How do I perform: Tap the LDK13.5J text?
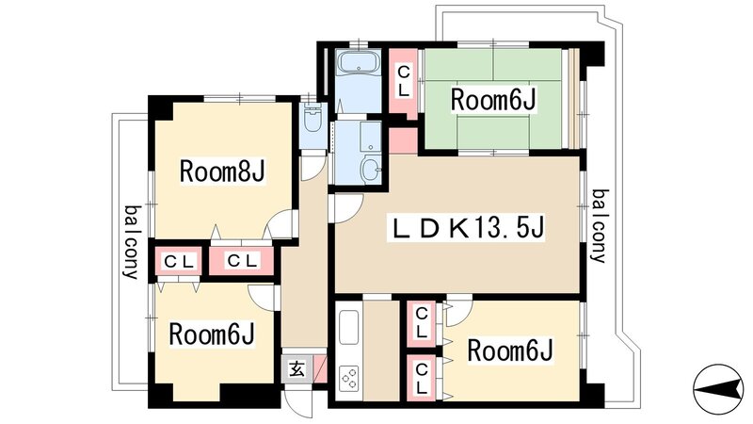[x=470, y=228]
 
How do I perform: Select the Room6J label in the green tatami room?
[x=492, y=98]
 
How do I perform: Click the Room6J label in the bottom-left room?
[x=213, y=334]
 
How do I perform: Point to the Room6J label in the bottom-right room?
[x=509, y=351]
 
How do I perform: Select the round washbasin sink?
[x=370, y=170]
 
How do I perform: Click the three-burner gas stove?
[x=349, y=379]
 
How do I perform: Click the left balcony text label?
[x=131, y=241]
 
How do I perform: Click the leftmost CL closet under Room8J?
[x=177, y=261]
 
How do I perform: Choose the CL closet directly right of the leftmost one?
[x=242, y=261]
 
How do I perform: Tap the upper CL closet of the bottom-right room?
[x=422, y=323]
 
